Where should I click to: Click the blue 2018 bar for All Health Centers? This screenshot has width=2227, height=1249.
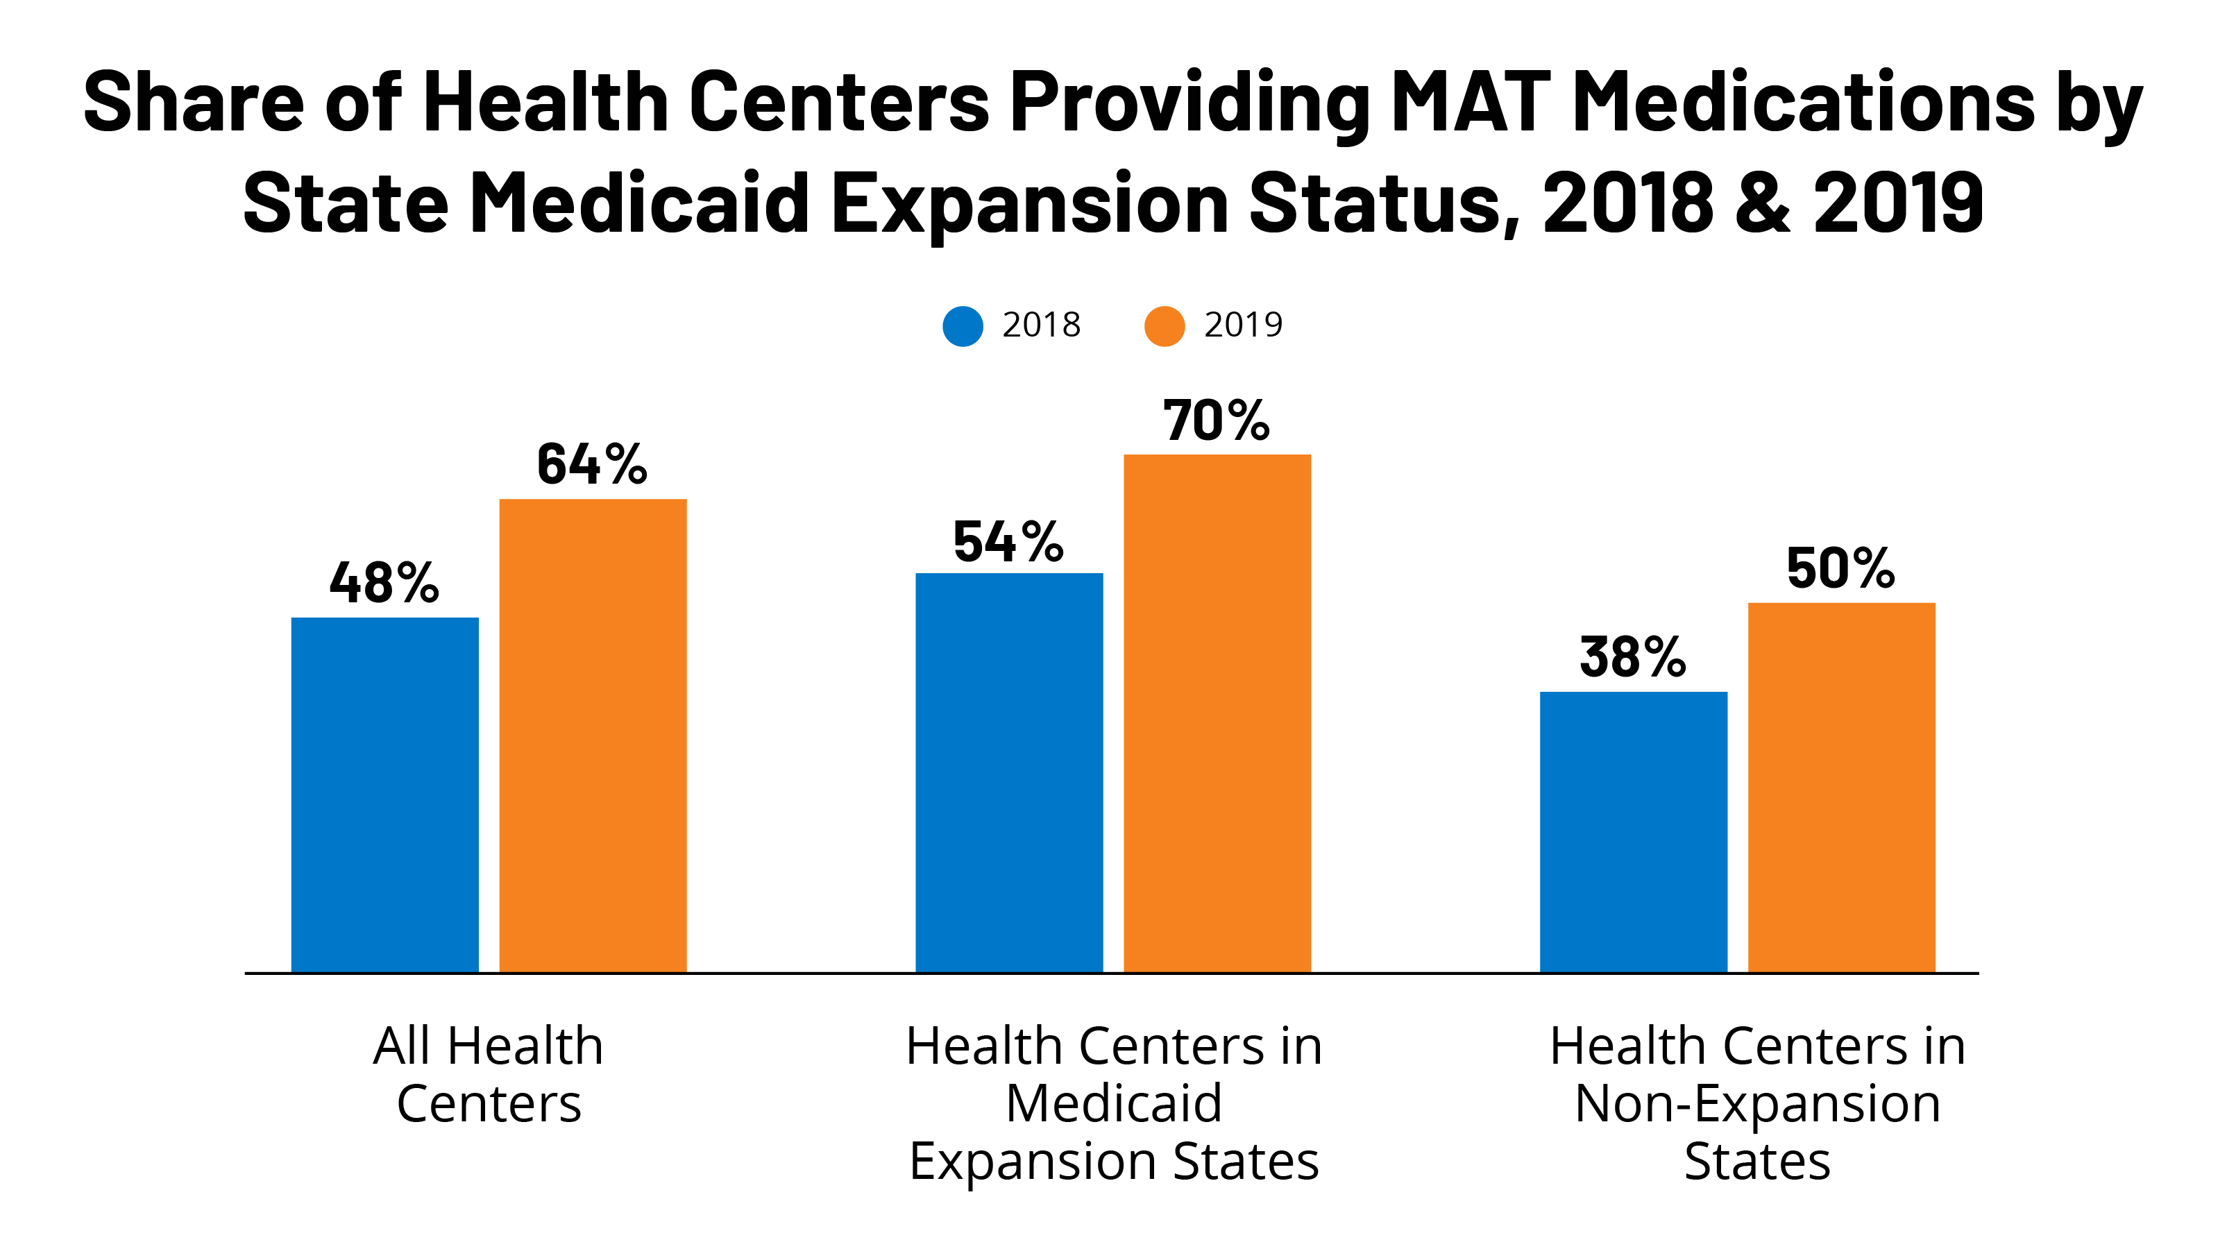pos(384,795)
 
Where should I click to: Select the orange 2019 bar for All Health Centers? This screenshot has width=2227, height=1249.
pos(593,736)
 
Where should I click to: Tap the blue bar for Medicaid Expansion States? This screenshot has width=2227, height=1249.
pos(1009,773)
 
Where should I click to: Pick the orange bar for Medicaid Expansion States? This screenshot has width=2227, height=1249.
pos(1217,713)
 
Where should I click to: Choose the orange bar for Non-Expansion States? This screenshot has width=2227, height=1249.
pos(1841,788)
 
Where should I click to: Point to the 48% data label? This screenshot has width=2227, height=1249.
pos(384,583)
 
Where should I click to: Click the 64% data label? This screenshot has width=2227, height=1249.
pos(592,464)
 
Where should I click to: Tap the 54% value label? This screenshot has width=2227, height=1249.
pos(1008,542)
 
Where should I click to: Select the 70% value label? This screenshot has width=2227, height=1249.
pos(1217,421)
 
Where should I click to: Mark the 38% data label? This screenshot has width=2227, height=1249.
pos(1632,657)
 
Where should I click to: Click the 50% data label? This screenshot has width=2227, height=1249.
pos(1840,569)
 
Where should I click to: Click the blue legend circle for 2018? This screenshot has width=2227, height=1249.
pos(962,326)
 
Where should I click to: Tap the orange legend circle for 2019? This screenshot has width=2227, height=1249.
pos(1165,326)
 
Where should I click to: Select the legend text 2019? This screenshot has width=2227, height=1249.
pos(1243,325)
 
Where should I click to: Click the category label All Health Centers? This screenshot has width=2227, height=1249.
pos(489,1074)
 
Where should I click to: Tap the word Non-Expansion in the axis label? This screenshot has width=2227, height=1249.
pos(1758,1104)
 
